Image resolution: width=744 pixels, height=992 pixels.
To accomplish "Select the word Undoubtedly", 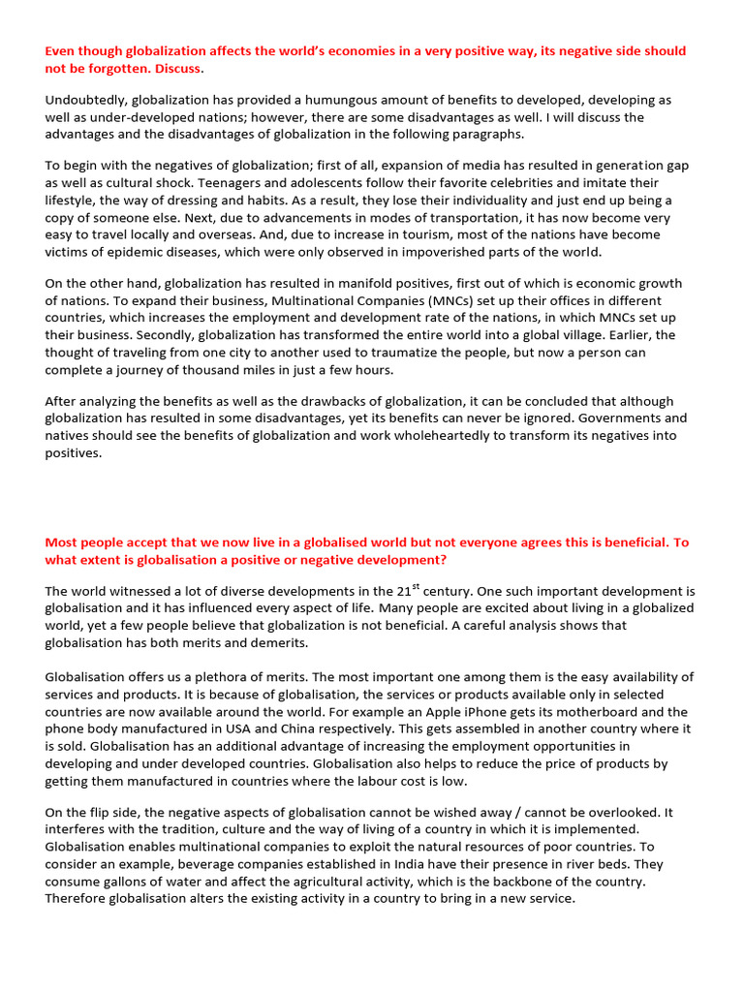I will coord(85,100).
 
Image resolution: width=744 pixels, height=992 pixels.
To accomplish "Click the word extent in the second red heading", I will coord(100,559).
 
